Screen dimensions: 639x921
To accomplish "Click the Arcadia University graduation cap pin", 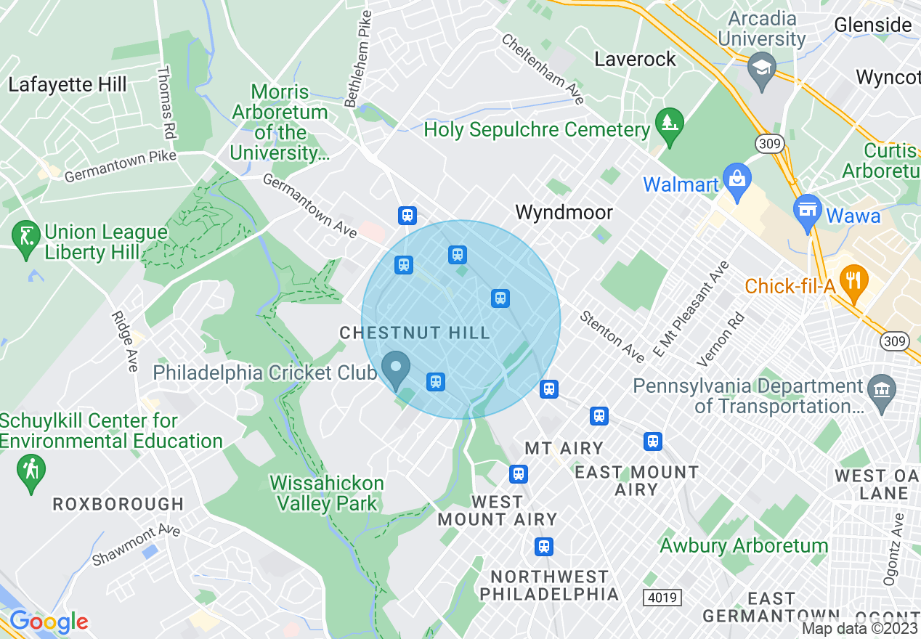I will point(761,68).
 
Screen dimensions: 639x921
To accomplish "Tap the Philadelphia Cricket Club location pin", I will point(397,367).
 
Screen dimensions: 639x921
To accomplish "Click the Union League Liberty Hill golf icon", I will point(27,237).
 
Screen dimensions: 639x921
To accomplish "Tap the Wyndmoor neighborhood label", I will point(564,212).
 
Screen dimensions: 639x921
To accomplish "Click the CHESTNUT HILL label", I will point(415,333).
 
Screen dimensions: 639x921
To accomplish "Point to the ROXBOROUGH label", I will point(118,503).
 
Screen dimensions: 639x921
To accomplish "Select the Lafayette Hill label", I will point(68,84).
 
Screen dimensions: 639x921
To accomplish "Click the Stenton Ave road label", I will point(612,337).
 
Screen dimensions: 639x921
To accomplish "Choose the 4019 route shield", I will point(662,598).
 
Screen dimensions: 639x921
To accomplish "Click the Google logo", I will point(49,622).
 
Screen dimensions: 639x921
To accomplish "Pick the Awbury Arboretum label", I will point(744,545).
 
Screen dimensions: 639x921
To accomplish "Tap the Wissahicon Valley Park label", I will point(326,493).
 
